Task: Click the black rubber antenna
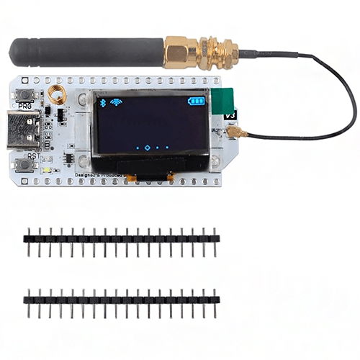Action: click(86, 52)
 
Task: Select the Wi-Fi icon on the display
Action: click(116, 102)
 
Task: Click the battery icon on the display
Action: click(195, 102)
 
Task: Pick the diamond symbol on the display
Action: click(147, 148)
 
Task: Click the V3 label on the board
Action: click(230, 115)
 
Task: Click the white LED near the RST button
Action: click(45, 168)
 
